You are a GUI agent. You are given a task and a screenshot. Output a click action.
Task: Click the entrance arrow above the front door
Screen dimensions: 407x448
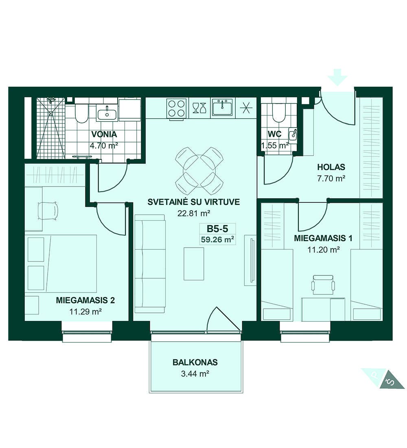[x=337, y=77]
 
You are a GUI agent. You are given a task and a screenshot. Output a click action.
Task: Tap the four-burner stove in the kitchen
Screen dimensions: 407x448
[x=177, y=108]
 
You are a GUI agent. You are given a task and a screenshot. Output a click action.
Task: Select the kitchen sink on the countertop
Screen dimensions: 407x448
[x=222, y=108]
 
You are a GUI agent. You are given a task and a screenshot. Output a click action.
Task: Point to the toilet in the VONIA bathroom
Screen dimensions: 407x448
[x=81, y=113]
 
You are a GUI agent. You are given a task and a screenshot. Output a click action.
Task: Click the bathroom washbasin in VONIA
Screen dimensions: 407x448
[x=107, y=114]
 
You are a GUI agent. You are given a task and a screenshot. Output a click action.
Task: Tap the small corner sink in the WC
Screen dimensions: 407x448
[x=293, y=134]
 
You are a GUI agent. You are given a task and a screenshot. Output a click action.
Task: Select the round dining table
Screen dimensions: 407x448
[x=199, y=171]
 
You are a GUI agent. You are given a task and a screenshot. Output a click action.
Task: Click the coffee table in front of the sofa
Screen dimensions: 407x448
[x=194, y=264]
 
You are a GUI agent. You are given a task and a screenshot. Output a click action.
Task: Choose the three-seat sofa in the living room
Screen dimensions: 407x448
[x=150, y=264]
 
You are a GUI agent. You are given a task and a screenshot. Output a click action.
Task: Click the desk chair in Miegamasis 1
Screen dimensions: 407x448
[x=323, y=285]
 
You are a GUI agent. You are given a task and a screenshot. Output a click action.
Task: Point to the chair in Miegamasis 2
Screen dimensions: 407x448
[x=48, y=211]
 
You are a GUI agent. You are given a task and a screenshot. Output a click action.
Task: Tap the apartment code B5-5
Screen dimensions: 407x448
[x=217, y=228]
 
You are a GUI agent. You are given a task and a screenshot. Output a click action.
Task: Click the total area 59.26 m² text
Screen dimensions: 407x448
[x=218, y=239]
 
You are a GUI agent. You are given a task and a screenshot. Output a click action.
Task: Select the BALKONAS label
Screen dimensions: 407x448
[x=195, y=362]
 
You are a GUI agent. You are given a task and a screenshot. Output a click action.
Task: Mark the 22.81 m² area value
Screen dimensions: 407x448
[x=194, y=213]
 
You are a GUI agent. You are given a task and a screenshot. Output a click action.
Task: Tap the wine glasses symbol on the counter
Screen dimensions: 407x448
[x=199, y=108]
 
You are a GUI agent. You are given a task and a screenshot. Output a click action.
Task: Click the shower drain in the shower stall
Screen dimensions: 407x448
[x=51, y=114]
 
